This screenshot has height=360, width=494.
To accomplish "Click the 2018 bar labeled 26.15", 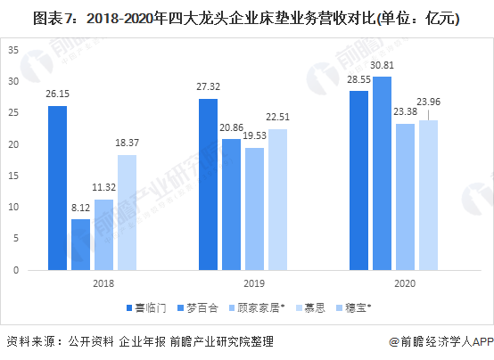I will [57, 187].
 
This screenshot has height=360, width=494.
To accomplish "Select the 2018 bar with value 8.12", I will [80, 244].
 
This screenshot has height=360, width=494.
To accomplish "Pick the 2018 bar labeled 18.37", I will [128, 212].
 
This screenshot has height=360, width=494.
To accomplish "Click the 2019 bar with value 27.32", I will [207, 184].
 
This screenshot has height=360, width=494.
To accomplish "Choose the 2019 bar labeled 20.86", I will [231, 204].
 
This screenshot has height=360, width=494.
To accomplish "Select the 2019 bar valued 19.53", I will [254, 209].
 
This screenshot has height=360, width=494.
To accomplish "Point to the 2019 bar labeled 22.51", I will [278, 199].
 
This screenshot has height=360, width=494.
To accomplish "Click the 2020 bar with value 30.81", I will [381, 173].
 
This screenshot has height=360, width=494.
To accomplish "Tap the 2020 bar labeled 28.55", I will [358, 180].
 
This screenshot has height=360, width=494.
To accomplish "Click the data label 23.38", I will [404, 111].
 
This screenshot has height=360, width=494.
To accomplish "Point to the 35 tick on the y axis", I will [13, 50].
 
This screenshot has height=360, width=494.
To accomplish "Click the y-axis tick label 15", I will [13, 176].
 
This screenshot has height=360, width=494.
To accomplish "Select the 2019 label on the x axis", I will [243, 283].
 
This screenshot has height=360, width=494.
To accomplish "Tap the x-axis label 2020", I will [393, 283].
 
